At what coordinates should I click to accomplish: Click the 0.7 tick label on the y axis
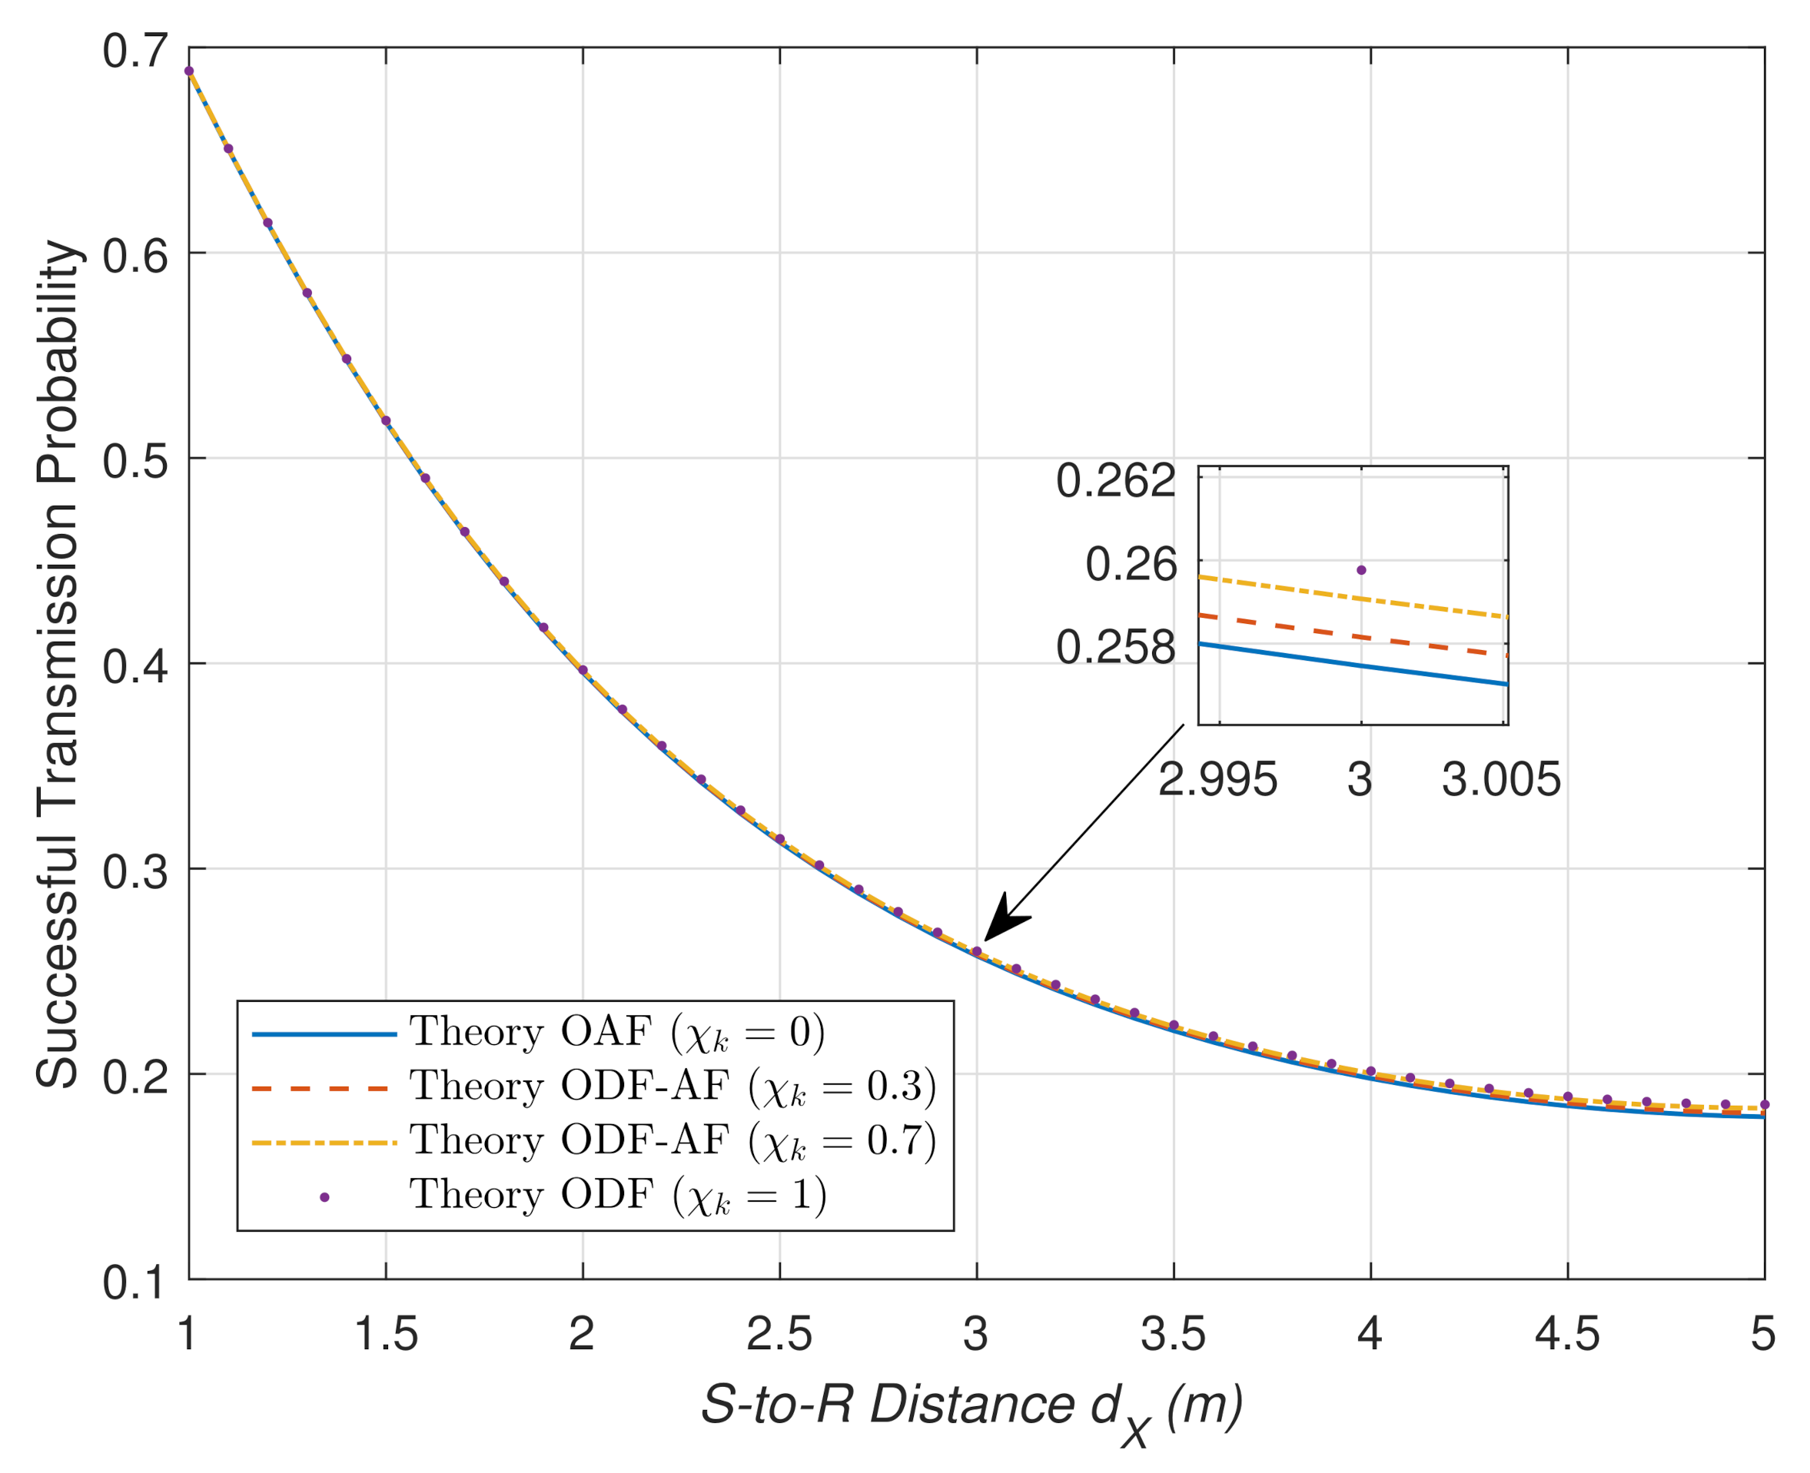tap(135, 51)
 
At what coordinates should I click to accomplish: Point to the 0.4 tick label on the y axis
tap(135, 666)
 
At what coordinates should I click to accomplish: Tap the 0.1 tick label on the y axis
tap(135, 1283)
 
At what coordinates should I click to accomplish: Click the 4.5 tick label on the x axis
tap(1566, 1334)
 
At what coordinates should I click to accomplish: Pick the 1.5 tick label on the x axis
tap(385, 1334)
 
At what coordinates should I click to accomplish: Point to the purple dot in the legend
tap(324, 1196)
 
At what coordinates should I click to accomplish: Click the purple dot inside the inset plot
tap(1361, 570)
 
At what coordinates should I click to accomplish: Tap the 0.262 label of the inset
tap(1115, 481)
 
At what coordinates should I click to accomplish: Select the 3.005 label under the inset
tap(1500, 779)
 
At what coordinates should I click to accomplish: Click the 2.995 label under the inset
tap(1217, 779)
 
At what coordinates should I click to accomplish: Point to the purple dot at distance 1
tap(188, 71)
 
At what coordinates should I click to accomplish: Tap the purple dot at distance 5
tap(1764, 1105)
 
